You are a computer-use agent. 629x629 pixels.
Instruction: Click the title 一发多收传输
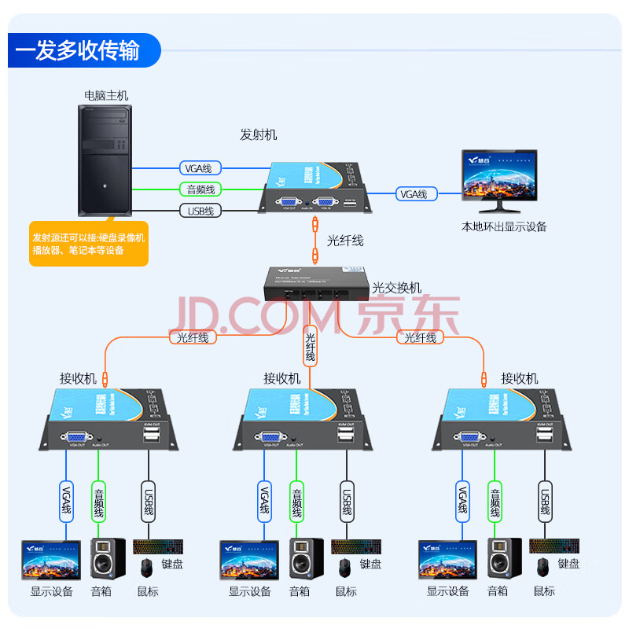77,51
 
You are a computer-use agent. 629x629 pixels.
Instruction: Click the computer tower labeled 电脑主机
103,161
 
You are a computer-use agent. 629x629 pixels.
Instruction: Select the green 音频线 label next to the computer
200,189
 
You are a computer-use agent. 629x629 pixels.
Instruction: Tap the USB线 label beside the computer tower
200,211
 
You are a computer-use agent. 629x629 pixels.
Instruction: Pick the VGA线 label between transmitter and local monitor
414,193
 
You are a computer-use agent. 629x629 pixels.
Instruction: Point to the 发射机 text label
258,134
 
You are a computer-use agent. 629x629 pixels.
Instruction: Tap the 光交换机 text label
396,289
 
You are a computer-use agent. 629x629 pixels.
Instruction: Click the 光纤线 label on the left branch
189,337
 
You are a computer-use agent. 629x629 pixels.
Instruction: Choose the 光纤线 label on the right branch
421,337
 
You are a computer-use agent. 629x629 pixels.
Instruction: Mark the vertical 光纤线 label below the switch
311,346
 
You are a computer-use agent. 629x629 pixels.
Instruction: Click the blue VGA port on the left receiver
76,438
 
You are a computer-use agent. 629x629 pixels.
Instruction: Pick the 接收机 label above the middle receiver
281,378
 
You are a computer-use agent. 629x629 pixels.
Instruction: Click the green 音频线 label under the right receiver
495,504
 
